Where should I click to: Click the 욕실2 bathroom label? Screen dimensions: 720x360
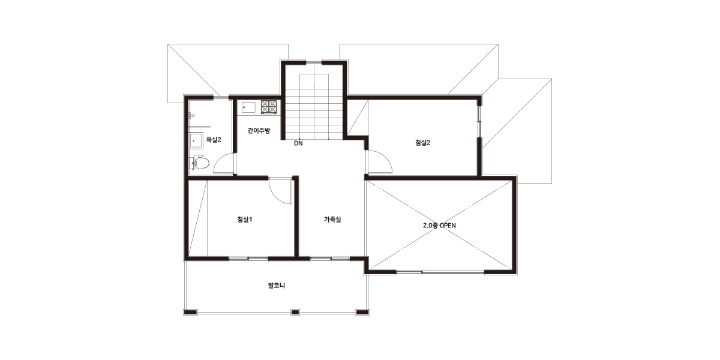214,140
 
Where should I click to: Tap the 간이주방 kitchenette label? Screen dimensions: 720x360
259,131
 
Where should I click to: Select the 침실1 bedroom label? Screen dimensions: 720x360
245,220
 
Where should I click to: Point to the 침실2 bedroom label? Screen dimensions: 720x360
422,143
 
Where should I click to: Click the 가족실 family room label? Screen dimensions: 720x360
332,220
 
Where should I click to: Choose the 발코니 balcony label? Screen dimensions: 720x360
277,286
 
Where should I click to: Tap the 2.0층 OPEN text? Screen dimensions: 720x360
439,226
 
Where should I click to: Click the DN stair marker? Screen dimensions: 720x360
298,143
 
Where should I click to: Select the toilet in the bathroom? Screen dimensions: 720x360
199,163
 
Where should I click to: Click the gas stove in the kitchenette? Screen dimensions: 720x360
269,107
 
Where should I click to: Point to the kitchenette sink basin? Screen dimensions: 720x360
248,107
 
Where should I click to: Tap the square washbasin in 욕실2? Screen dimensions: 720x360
196,140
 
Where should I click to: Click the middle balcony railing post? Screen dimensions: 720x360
295,312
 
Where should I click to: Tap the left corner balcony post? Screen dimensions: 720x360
190,312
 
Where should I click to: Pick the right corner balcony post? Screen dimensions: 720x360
362,312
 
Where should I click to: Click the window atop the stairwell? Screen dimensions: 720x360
314,62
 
